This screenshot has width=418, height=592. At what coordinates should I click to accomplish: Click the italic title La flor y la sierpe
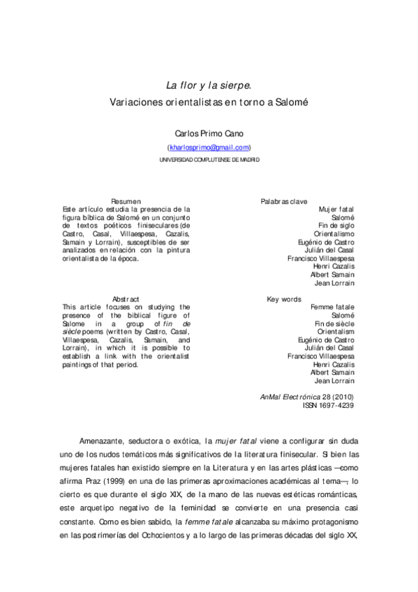tap(209, 86)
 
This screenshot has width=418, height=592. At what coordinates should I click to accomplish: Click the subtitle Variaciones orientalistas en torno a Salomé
tap(209, 101)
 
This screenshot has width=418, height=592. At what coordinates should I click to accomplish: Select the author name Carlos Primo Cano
tap(209, 133)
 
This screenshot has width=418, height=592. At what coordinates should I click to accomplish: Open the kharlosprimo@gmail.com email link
tap(209, 147)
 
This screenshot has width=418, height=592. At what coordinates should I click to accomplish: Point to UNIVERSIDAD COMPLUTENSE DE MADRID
tap(209, 159)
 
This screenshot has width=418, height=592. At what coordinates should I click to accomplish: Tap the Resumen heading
tap(126, 201)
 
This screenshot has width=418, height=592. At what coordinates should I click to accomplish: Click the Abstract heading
tap(126, 299)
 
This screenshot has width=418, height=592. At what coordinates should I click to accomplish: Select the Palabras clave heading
tap(284, 201)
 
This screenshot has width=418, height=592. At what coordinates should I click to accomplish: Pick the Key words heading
tap(284, 299)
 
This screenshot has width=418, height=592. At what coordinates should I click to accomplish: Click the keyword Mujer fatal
tap(336, 209)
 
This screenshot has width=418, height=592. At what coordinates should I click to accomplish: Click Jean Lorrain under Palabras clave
tap(334, 283)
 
